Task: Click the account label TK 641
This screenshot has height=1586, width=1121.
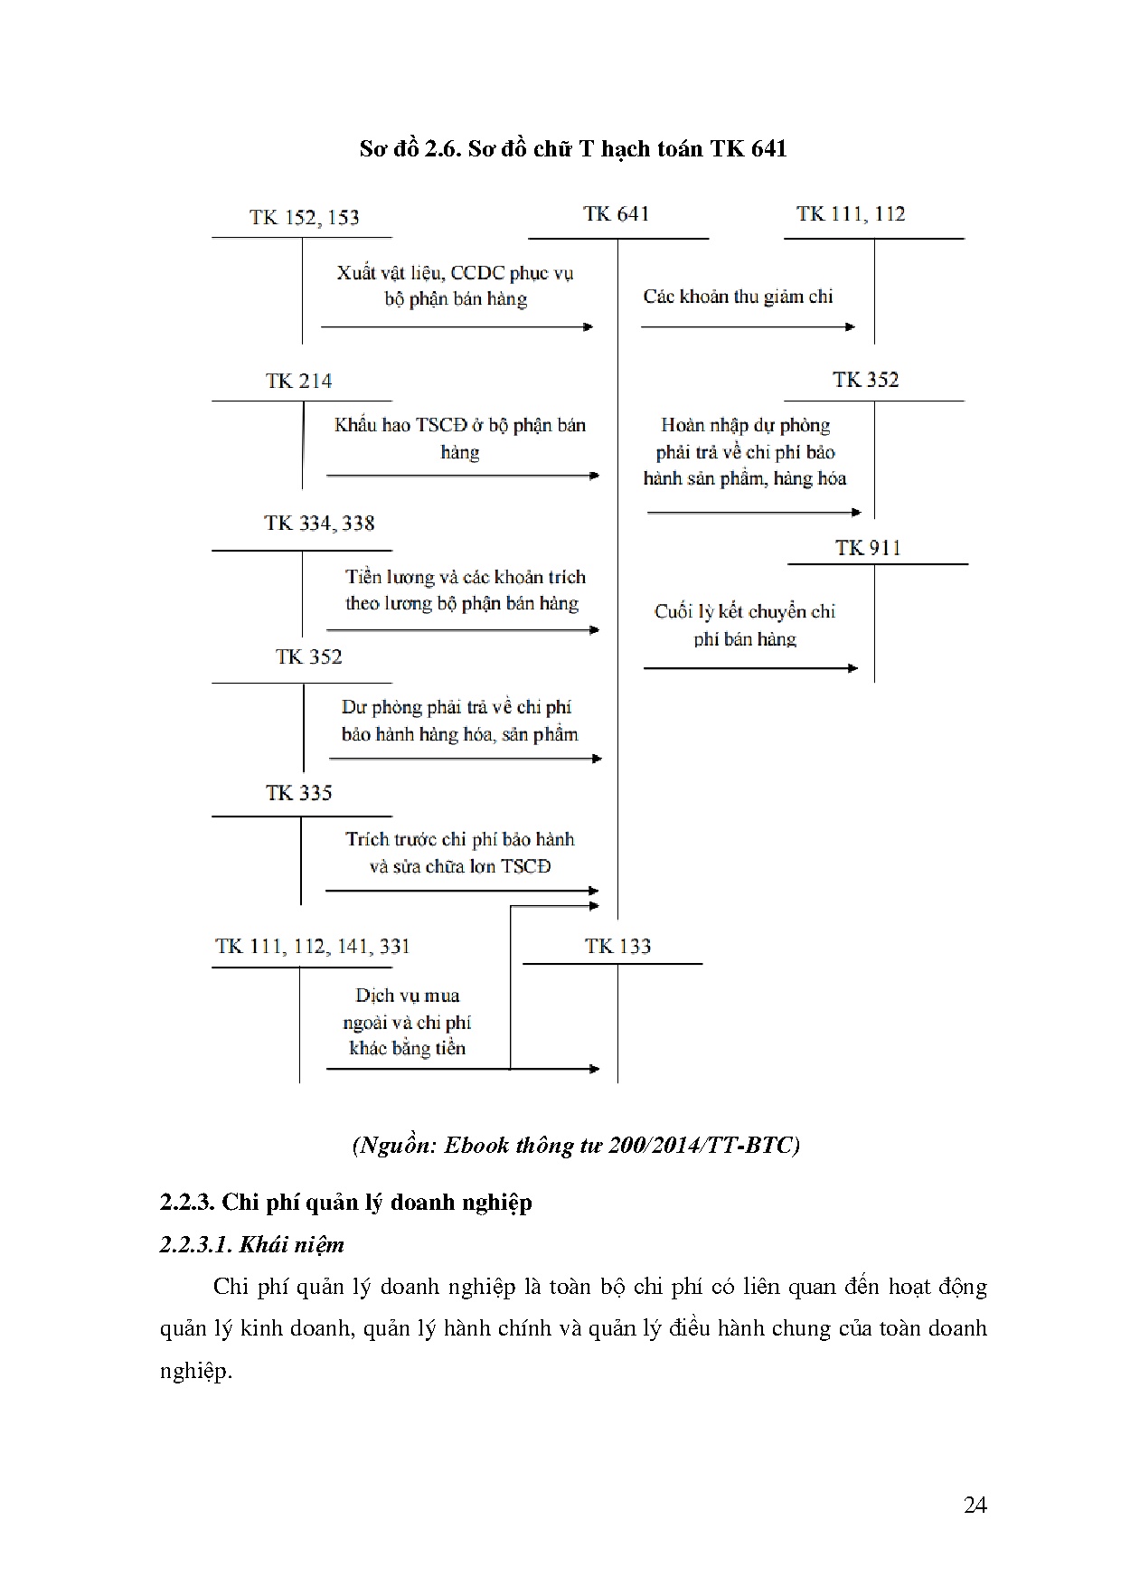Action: point(617,214)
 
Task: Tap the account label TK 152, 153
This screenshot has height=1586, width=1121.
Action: point(304,218)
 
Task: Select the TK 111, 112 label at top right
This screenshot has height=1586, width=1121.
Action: point(850,214)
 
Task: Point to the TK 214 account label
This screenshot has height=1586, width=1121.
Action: point(298,382)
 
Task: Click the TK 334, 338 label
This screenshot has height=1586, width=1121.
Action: point(319,524)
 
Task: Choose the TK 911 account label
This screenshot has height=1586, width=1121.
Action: point(868,548)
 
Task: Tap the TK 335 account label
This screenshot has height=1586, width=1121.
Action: point(298,793)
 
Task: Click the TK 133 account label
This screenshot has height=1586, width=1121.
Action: point(617,947)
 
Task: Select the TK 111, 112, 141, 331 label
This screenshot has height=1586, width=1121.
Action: point(312,947)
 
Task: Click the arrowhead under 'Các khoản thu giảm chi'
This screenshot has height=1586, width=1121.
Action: point(850,326)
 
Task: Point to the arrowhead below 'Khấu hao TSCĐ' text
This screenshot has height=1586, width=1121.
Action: point(594,476)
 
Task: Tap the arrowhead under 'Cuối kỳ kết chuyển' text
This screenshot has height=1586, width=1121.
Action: point(853,668)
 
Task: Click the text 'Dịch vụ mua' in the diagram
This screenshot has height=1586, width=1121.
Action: point(407,996)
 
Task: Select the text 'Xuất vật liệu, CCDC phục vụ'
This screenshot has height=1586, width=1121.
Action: point(455,273)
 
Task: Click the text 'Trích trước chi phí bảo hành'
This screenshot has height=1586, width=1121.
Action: point(459,839)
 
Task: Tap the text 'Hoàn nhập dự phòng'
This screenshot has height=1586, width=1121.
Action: point(745,425)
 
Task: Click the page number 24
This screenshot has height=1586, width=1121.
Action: point(975,1506)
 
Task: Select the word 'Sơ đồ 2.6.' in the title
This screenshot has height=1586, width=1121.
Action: point(410,148)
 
